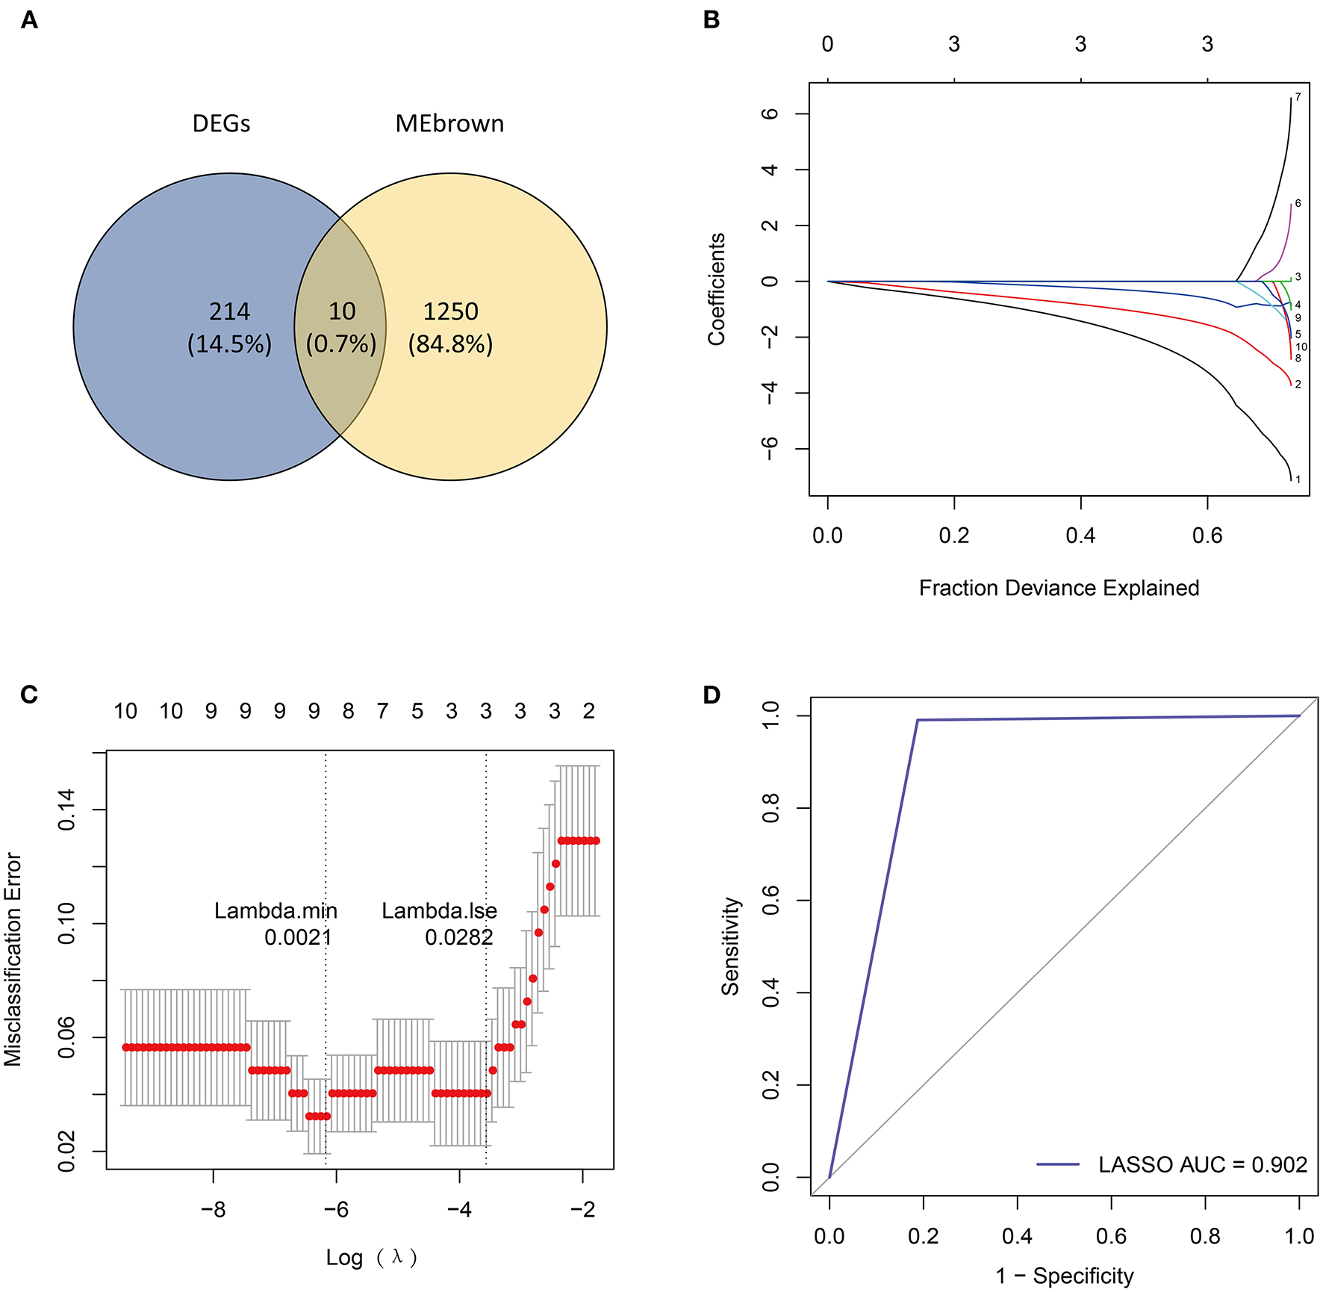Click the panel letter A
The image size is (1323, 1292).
[29, 20]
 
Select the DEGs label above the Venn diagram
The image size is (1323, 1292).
[221, 123]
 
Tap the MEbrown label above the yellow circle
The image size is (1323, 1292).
[449, 123]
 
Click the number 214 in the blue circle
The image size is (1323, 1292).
[229, 311]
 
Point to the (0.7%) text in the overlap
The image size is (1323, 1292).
[341, 344]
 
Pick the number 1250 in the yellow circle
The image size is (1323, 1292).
[450, 311]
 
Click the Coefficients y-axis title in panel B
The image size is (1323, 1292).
[717, 289]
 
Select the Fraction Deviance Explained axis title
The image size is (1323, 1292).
[1059, 588]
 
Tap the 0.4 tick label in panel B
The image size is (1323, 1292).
[1080, 535]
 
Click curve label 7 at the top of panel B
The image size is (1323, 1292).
[1298, 97]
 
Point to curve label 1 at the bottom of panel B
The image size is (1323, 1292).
[1298, 479]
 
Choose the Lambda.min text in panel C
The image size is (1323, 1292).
[276, 910]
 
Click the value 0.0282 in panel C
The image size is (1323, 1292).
[459, 937]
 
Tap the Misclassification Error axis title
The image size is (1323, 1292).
[13, 959]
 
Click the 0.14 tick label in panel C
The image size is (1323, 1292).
[66, 810]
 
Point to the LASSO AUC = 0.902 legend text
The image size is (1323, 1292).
[1202, 1164]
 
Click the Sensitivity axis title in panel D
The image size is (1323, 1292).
[730, 946]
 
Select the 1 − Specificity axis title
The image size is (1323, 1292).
[1064, 1276]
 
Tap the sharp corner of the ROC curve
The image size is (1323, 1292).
[918, 720]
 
